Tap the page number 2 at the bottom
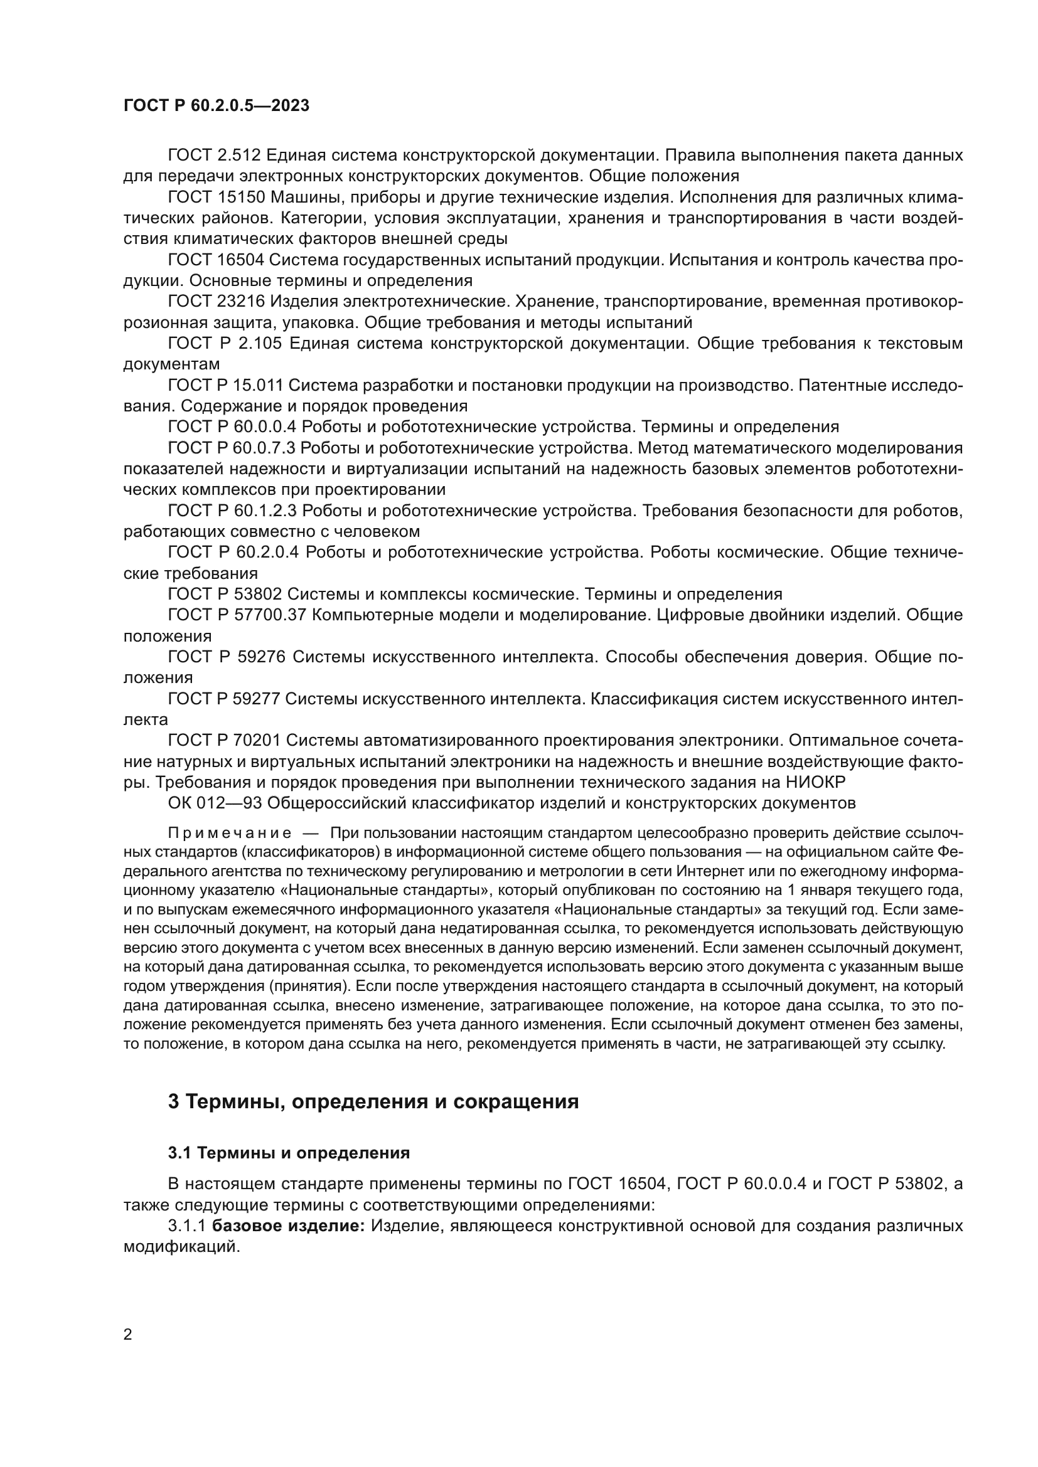point(128,1334)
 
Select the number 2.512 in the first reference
point(238,156)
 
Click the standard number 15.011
point(258,385)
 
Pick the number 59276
point(257,657)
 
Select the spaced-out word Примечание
point(230,833)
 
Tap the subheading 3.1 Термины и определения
point(288,1153)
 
